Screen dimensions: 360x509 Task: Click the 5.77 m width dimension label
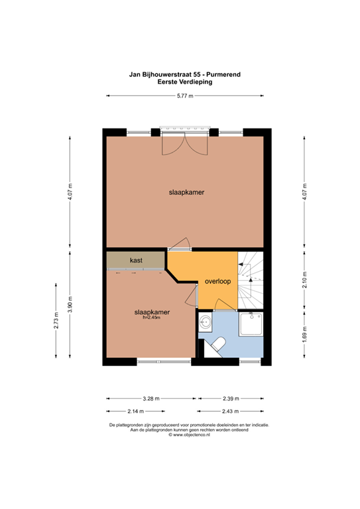coord(185,95)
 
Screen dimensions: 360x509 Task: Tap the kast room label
coord(136,260)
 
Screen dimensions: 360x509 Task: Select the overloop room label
coord(218,282)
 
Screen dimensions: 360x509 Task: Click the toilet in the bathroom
coord(217,344)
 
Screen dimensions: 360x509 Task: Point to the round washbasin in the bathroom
coord(205,322)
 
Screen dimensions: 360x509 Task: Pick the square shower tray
coord(251,324)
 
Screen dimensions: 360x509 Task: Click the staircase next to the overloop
coord(251,280)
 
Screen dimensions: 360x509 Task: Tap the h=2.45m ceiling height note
coord(152,317)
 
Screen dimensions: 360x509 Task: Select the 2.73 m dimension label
coord(56,321)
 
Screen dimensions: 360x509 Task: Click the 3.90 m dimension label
coord(70,305)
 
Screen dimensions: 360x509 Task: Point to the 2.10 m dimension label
coord(304,280)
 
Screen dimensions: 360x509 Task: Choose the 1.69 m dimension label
coord(304,334)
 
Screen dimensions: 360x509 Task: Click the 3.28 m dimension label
coord(151,398)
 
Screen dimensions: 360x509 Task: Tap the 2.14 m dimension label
coord(136,412)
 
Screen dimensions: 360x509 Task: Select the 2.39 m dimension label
coord(231,398)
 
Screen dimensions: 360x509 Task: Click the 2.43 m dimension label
coord(230,412)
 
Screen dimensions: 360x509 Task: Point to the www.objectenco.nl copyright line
coord(189,435)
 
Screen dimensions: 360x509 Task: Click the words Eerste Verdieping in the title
coord(185,82)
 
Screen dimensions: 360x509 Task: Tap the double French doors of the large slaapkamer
coord(185,144)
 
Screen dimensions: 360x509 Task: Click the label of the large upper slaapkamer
coord(187,192)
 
